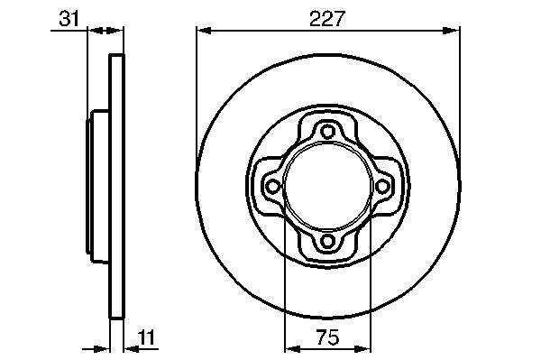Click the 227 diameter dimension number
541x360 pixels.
[x=327, y=19]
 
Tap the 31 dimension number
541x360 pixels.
[x=69, y=18]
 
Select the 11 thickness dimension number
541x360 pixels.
[x=147, y=337]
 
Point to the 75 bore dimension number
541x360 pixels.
[x=327, y=337]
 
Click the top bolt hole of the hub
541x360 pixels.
[x=327, y=132]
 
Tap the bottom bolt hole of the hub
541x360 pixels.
[x=327, y=241]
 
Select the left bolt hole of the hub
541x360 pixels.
[x=272, y=187]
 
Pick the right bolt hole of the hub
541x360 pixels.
[x=382, y=187]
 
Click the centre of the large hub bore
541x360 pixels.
[x=327, y=187]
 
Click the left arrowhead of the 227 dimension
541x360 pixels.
[x=204, y=31]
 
